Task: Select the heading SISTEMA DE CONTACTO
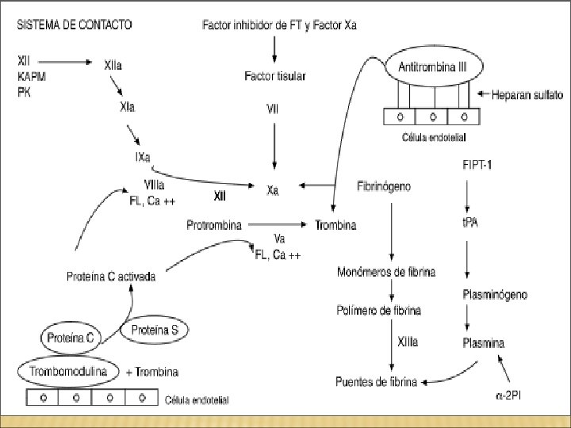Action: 75,25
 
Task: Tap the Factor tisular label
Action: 275,76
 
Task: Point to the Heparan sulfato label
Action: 527,95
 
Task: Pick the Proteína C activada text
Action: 111,277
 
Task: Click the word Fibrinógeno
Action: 384,186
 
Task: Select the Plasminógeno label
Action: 495,294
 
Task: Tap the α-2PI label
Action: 508,396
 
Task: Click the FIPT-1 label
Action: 477,165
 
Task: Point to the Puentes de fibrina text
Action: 376,381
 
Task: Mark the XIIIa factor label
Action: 408,342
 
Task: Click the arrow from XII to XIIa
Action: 65,63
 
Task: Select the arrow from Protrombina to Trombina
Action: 278,224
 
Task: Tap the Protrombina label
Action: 214,225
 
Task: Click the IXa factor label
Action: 143,157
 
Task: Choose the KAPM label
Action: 32,77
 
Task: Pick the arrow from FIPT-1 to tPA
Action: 467,197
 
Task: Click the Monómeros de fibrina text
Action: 386,272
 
